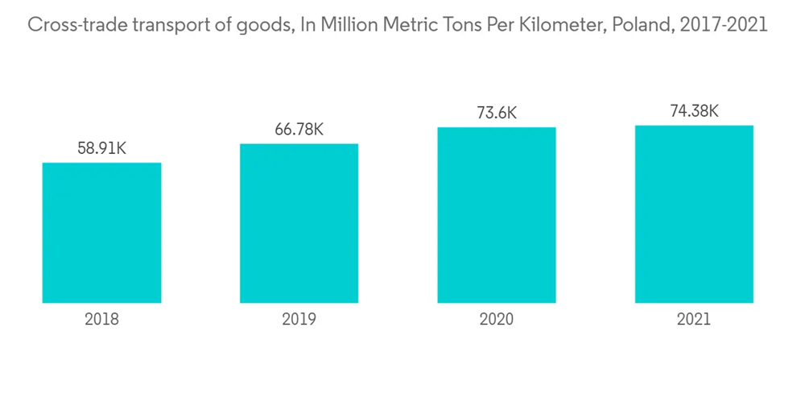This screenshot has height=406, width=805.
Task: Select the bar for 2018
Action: click(101, 233)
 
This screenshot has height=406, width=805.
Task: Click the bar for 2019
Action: click(299, 223)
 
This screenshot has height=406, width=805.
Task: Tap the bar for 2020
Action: click(497, 215)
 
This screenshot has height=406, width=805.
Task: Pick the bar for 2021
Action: click(694, 214)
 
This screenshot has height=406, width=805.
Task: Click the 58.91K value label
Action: click(101, 149)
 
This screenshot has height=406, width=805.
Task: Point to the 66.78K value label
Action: click(299, 130)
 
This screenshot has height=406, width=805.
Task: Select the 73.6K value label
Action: click(497, 114)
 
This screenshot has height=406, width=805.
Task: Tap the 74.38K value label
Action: click(694, 112)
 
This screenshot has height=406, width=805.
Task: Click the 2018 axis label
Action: click(101, 319)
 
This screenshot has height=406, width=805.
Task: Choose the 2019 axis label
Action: click(299, 319)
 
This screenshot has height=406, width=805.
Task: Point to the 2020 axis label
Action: click(497, 319)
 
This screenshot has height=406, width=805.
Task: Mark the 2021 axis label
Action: click(694, 319)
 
